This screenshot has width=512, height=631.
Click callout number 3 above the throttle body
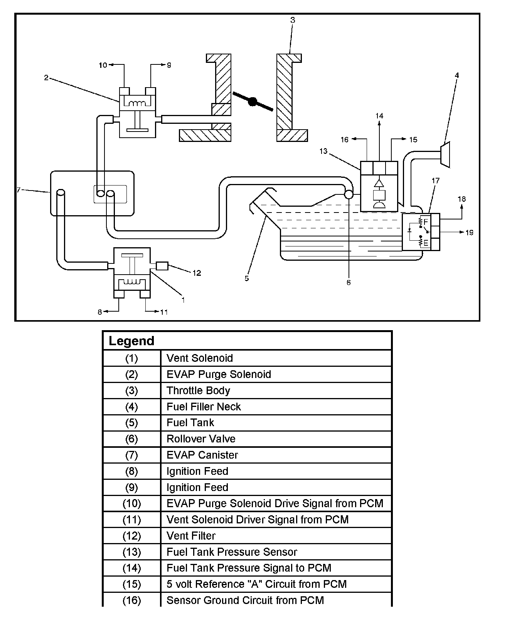coord(293,20)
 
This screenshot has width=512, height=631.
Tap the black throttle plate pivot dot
coord(252,101)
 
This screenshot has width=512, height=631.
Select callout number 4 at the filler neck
coord(457,76)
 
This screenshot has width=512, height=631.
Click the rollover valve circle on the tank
coord(349,194)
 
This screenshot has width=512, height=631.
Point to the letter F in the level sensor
coord(426,222)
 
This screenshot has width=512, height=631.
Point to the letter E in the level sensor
coord(426,243)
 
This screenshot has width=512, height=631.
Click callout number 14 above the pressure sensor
coord(379,116)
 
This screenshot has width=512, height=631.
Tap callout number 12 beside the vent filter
coord(197,273)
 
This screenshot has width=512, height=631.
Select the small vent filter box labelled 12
coord(162,266)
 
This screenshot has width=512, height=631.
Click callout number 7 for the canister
coord(19,190)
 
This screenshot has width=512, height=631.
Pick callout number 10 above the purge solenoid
coord(103,65)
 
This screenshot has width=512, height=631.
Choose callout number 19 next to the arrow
coord(469,233)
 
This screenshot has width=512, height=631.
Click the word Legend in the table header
coord(131,341)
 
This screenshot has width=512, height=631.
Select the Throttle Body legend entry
coord(198,390)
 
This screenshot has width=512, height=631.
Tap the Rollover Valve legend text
coord(201,439)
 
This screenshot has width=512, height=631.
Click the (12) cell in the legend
coord(131,536)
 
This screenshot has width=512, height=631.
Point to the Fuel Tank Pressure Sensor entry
coord(232,552)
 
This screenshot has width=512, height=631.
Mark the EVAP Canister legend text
coord(202,455)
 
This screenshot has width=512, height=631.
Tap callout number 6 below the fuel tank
coord(349,283)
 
